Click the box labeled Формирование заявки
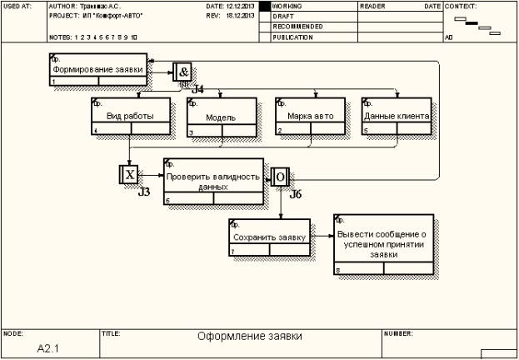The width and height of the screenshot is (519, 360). coord(98,70)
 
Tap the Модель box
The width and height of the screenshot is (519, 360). coord(220,117)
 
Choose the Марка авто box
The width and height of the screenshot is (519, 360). coord(310,117)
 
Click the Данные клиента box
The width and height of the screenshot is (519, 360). coord(396,116)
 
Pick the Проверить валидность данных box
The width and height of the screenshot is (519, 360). coord(213,182)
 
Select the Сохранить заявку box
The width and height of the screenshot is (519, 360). coord(269,237)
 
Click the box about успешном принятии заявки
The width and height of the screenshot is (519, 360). coord(384,245)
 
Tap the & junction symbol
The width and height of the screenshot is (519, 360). coord(183,72)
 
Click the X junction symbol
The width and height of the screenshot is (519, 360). coord(130,175)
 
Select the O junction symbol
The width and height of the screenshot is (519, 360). coord(280,177)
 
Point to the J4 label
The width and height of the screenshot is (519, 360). coord(197,88)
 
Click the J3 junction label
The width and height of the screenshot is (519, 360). coord(143,192)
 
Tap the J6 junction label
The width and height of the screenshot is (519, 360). coord(295,193)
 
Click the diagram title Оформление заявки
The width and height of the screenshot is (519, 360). coord(249,337)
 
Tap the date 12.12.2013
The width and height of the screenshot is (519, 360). coord(242,6)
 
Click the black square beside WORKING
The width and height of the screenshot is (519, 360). coord(266,6)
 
